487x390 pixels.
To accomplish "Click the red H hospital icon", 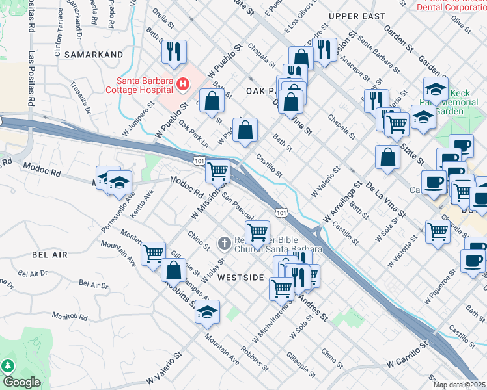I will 183,84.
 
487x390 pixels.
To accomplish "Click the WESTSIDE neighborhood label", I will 240,277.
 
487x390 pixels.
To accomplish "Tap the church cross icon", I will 223,244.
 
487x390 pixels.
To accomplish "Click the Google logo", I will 21,382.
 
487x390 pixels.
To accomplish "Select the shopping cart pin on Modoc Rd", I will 218,172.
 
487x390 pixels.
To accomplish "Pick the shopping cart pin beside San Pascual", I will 258,231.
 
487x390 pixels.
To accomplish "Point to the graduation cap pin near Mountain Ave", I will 207,313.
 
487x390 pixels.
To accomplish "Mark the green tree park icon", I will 8,366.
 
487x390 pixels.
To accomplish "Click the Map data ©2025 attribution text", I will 460,385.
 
